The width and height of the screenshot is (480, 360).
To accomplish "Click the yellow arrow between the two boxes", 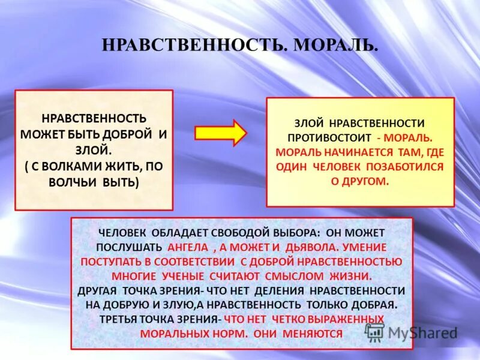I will [x=220, y=132].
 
